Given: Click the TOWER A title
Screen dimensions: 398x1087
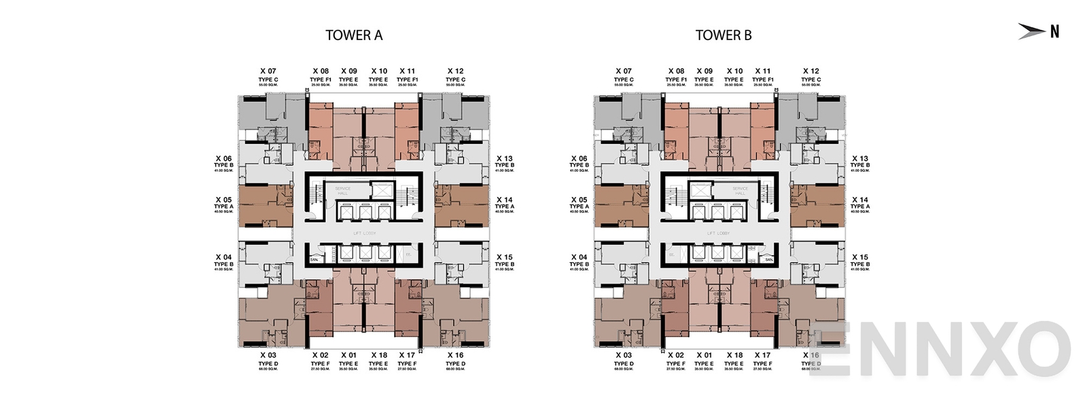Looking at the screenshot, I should coord(353,35).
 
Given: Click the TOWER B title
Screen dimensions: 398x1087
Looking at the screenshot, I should coord(723,35).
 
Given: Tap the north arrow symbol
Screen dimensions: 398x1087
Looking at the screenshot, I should coord(1032,31).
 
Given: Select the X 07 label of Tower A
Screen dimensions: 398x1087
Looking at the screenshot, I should coord(268,71).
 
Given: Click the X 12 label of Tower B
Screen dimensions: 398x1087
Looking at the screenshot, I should coord(810,71).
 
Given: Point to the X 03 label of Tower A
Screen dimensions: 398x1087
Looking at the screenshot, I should coord(268,355).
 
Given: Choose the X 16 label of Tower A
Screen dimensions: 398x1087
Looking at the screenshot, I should coord(455,355).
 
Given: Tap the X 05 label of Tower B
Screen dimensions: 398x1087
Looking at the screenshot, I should coord(579,200).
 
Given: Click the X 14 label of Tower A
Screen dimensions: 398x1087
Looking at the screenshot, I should coord(504,200).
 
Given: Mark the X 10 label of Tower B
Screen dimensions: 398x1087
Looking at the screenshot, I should coord(734,71).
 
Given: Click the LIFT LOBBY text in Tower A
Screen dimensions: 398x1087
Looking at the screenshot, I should coord(364,233).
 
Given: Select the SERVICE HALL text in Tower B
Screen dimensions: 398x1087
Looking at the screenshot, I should coord(740,191).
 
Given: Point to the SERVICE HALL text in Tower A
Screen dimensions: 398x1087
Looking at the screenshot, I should coord(342,191).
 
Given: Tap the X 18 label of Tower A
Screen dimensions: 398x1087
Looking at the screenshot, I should coord(378,355).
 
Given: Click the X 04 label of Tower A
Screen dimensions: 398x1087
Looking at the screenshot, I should coord(224,257).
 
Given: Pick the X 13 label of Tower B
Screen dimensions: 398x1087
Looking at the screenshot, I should coord(859,159).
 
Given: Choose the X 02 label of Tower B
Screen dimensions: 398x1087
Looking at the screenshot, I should coord(675,355).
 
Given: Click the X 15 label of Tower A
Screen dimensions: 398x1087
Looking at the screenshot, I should coord(504,257).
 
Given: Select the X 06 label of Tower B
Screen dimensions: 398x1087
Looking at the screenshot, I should coord(579,159).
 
